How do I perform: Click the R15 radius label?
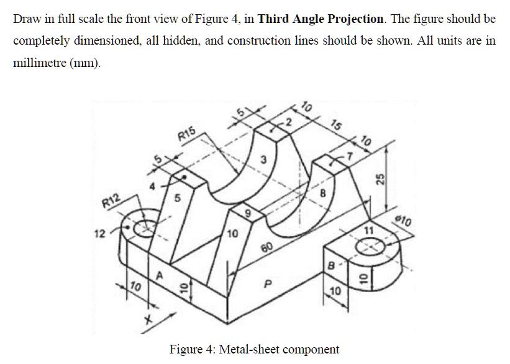point(186,133)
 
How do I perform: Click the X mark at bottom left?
point(148,321)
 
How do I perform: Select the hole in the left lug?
point(148,226)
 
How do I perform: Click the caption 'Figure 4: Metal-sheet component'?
point(254,348)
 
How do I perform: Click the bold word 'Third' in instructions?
point(273,18)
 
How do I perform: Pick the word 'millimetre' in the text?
point(41,64)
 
